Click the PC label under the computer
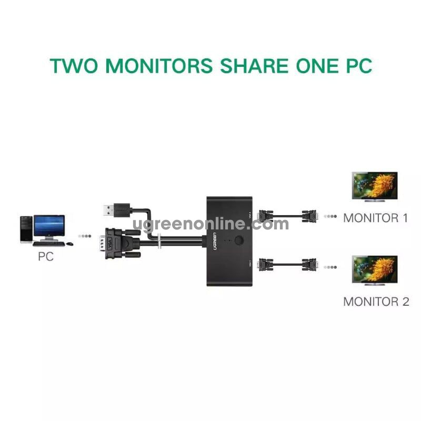pos(46,257)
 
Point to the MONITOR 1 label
pos(375,218)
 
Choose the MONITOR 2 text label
pos(375,302)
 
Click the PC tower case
pos(26,229)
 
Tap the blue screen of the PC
pos(49,226)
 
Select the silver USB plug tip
pos(106,210)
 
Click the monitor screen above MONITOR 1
pos(374,185)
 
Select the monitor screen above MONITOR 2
pos(374,269)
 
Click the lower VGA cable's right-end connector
pos(309,265)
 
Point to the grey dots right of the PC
pos(84,236)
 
